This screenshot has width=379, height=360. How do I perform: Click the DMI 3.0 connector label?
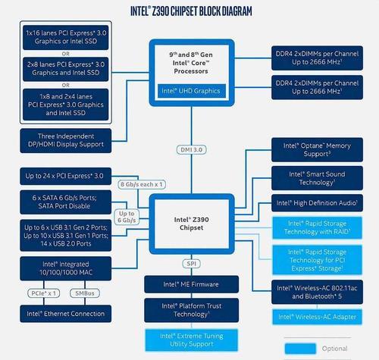click(191, 149)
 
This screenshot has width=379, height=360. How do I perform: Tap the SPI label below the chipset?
click(191, 264)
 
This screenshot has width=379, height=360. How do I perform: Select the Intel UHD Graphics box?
click(191, 91)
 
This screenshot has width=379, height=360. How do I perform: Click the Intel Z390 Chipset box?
click(192, 224)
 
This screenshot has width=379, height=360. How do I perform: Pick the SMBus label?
click(85, 293)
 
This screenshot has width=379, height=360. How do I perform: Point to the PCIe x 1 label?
click(44, 293)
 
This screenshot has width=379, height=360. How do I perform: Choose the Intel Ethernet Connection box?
click(66, 314)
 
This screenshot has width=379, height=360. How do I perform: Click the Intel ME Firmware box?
click(191, 284)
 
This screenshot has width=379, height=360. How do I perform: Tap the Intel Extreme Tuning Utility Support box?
click(191, 340)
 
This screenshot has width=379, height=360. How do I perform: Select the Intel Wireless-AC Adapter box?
click(317, 317)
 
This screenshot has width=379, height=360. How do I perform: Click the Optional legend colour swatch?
click(300, 349)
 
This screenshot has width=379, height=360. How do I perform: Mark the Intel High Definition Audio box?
click(317, 203)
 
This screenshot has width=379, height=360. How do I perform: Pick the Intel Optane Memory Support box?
click(317, 150)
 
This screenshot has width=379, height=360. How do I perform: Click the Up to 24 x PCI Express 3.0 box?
click(66, 176)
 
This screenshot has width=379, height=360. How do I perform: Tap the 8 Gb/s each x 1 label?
click(142, 184)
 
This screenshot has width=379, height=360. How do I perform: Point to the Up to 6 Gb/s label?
click(127, 217)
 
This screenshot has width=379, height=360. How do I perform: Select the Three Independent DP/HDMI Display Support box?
click(66, 141)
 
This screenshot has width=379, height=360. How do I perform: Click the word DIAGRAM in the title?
click(233, 11)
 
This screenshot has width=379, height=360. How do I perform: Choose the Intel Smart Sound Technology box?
click(317, 178)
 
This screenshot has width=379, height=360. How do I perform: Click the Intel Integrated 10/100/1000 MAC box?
click(66, 268)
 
